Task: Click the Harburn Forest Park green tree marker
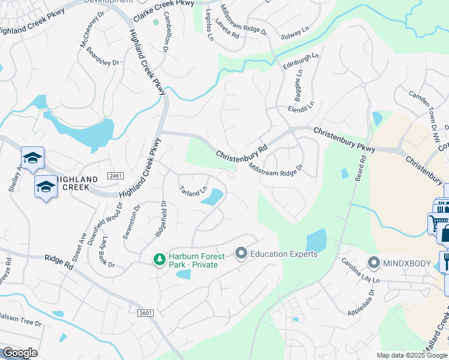pos(159,259)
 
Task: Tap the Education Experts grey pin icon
pos(241,254)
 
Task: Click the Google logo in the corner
pos(20,353)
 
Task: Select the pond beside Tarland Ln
pos(212,197)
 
